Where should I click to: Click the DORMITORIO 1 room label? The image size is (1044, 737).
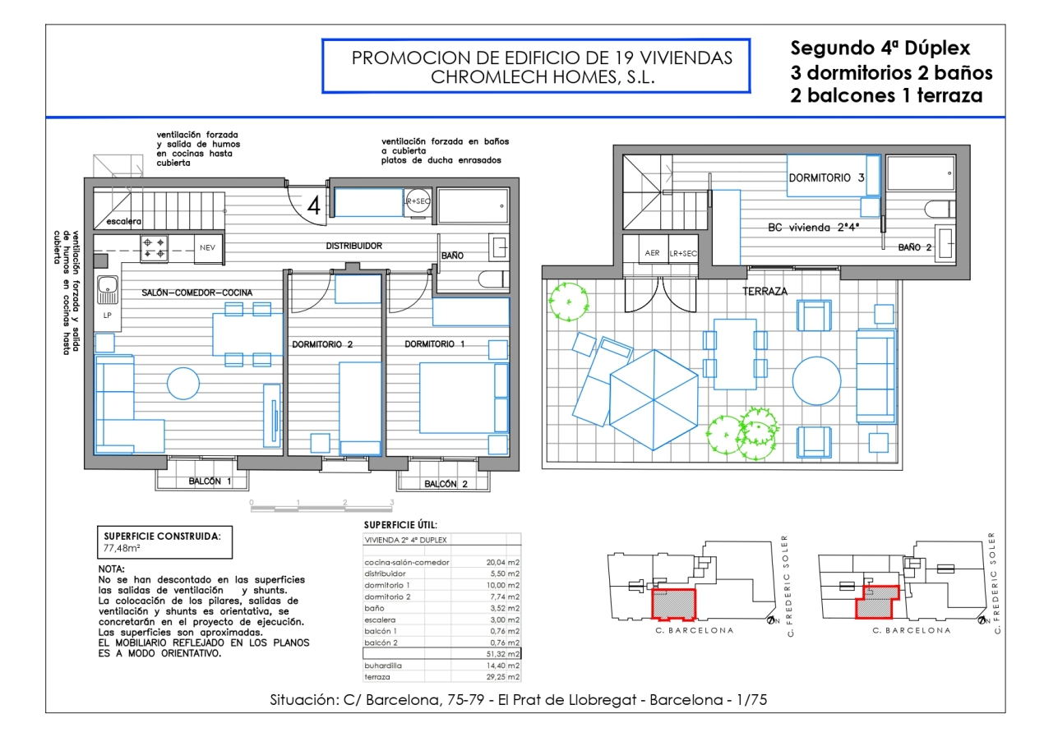point(434,344)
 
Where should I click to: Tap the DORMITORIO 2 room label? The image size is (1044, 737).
point(322,345)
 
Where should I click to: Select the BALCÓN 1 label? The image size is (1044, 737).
point(210,481)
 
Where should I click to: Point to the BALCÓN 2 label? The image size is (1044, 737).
point(446,484)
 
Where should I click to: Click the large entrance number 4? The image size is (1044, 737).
point(314,205)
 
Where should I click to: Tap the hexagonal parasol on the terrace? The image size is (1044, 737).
point(654,399)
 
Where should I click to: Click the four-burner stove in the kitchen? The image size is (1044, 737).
point(154,248)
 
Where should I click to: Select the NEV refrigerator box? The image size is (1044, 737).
point(208,248)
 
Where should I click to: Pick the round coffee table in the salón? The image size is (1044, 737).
point(183,384)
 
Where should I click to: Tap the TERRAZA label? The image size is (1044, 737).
point(765,292)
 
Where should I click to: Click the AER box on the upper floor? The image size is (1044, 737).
point(652,253)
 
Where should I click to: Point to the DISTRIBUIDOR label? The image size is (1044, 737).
point(353,246)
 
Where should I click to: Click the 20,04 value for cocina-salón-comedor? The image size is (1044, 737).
point(496,562)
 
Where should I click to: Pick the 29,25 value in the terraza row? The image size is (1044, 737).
point(496,677)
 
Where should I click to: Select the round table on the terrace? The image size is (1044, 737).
point(816,380)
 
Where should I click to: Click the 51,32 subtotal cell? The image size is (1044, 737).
point(496,654)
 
